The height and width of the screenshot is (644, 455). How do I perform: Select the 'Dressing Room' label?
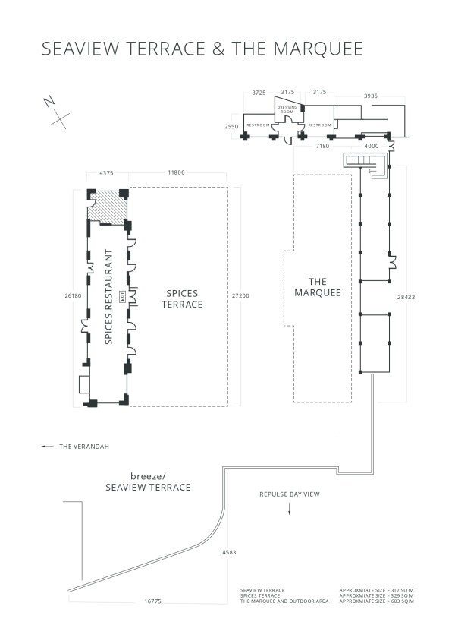(287, 109)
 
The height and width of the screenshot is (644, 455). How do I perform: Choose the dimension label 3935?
(372, 96)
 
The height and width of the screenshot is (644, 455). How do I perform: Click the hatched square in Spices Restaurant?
(108, 206)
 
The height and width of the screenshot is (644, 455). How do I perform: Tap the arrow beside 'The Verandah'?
(47, 447)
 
